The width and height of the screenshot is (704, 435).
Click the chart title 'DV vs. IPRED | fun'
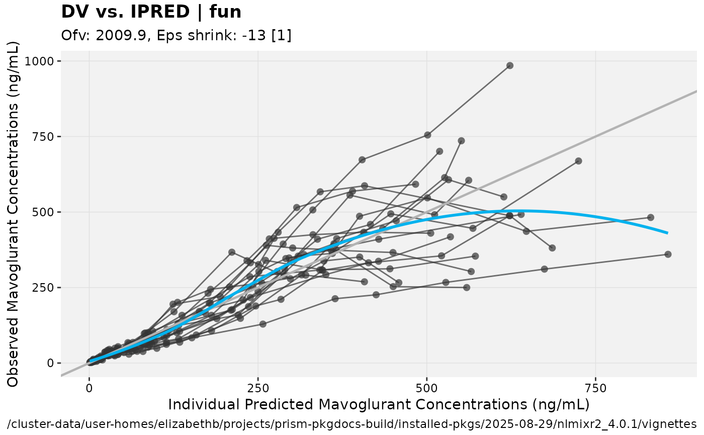pyautogui.click(x=151, y=12)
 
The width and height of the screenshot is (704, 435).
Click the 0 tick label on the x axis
pyautogui.click(x=89, y=388)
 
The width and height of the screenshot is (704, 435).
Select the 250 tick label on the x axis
pyautogui.click(x=258, y=388)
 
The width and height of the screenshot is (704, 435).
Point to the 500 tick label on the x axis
pyautogui.click(x=426, y=388)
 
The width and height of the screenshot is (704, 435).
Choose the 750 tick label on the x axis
pyautogui.click(x=595, y=388)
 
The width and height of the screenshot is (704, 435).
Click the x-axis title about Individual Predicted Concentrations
pyautogui.click(x=378, y=405)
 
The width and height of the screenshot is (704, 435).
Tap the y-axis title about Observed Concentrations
pyautogui.click(x=13, y=214)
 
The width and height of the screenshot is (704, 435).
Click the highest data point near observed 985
pyautogui.click(x=510, y=65)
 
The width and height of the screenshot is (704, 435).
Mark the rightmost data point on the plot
pyautogui.click(x=668, y=254)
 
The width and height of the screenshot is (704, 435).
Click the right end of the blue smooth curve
pyautogui.click(x=667, y=233)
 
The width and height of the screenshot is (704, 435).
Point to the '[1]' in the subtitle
pyautogui.click(x=282, y=36)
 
